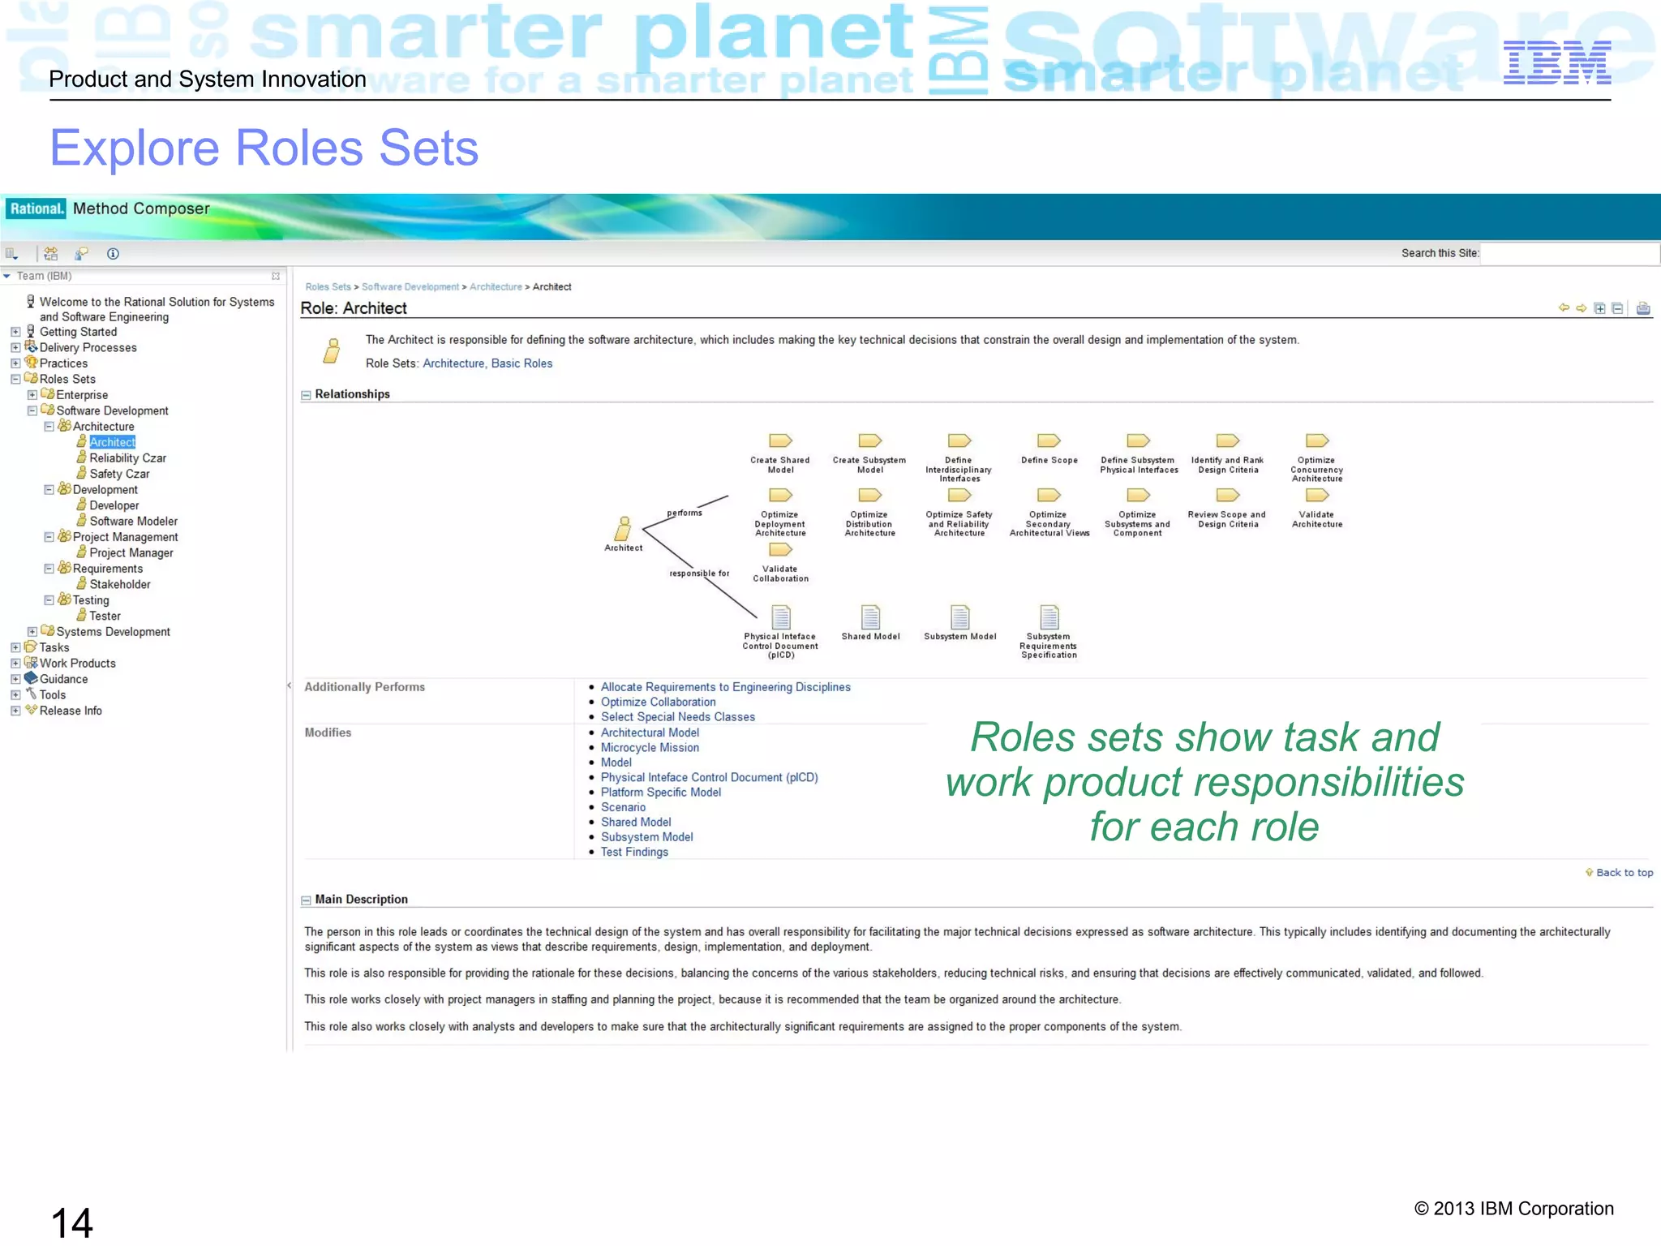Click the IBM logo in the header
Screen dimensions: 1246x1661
pos(1556,63)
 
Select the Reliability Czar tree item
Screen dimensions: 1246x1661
pos(127,458)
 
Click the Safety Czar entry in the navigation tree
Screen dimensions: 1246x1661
pos(119,474)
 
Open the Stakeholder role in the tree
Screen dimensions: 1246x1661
pos(119,584)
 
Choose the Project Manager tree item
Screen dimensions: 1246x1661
pos(131,553)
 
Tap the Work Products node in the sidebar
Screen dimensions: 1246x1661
pos(77,664)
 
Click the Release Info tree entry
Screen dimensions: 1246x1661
pos(71,711)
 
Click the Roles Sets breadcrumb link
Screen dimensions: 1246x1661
pos(328,287)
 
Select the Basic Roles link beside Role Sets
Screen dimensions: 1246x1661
pos(521,363)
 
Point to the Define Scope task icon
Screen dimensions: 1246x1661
pos(1049,441)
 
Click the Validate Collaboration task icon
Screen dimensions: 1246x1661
pos(780,550)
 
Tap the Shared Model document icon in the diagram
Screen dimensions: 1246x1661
pos(870,618)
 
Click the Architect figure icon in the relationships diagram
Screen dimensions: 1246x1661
pos(623,529)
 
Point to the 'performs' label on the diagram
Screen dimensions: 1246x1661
pos(685,513)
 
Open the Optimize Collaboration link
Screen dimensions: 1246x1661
pos(658,702)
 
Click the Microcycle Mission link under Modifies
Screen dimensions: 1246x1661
pos(650,748)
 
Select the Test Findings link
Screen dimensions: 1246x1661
pos(634,852)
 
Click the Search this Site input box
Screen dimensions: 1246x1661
pos(1569,253)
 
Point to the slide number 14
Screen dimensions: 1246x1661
pos(71,1222)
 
